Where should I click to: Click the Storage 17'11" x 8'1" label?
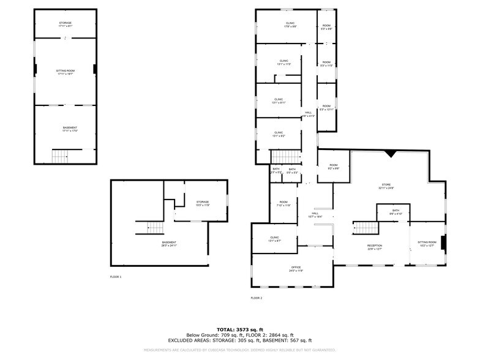pyautogui.click(x=65, y=25)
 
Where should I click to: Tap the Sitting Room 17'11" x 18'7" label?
pyautogui.click(x=65, y=72)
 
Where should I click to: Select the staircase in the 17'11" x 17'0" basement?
pyautogui.click(x=59, y=157)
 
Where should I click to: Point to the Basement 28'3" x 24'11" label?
pyautogui.click(x=170, y=244)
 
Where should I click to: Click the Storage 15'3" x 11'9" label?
pyautogui.click(x=203, y=203)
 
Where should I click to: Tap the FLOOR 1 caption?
pyautogui.click(x=116, y=277)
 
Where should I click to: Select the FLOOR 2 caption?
pyautogui.click(x=256, y=298)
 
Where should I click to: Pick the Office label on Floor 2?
pyautogui.click(x=296, y=269)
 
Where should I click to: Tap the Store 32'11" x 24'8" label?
pyautogui.click(x=386, y=186)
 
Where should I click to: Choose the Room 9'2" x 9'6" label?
pyautogui.click(x=333, y=167)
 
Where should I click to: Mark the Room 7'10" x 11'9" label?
pyautogui.click(x=283, y=204)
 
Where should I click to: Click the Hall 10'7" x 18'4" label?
pyautogui.click(x=315, y=215)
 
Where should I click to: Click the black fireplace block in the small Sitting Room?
pyautogui.click(x=444, y=242)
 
